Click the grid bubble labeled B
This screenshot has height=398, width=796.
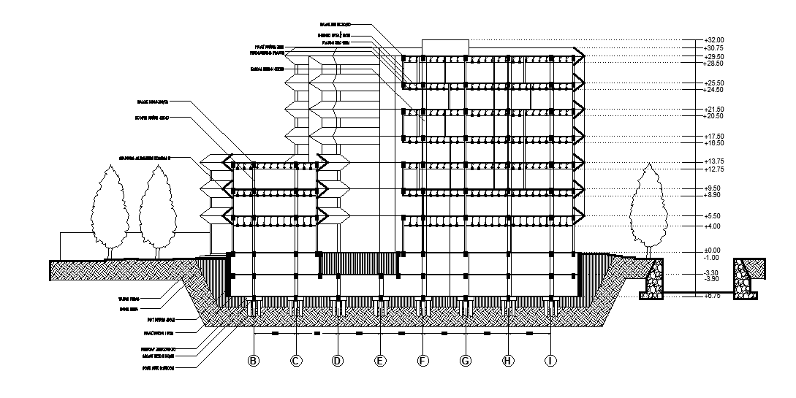click(254, 361)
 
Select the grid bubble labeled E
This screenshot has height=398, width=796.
click(380, 361)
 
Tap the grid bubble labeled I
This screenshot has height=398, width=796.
click(551, 361)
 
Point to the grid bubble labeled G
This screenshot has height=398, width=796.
click(466, 361)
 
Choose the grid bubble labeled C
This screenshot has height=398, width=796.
click(296, 361)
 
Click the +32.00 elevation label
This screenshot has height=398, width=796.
click(713, 40)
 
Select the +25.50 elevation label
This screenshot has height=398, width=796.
click(713, 83)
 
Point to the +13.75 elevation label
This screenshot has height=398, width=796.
click(713, 161)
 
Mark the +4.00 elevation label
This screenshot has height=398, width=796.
click(712, 226)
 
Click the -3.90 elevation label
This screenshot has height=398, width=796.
click(712, 280)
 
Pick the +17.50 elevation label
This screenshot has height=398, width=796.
click(713, 137)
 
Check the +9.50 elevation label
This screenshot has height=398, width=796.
click(712, 188)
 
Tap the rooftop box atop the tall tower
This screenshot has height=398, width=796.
click(444, 47)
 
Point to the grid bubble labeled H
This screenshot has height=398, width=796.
click(509, 361)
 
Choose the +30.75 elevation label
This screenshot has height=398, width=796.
click(713, 48)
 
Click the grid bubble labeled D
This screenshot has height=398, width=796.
click(338, 361)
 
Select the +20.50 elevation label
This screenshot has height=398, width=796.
click(713, 117)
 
